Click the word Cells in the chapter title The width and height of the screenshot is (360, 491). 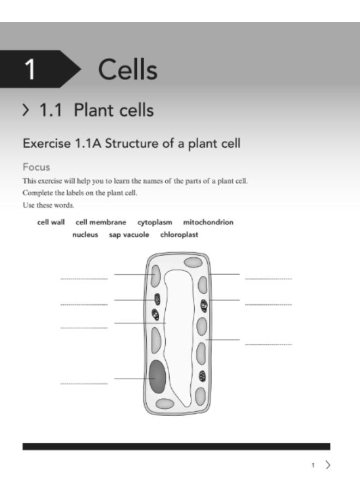click(x=128, y=70)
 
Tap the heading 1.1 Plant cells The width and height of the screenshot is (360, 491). click(x=96, y=111)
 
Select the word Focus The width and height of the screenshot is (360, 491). click(x=36, y=166)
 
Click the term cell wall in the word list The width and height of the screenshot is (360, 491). click(x=51, y=223)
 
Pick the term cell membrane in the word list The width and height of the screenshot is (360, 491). click(x=101, y=223)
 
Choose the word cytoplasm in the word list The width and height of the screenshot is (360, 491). click(x=155, y=223)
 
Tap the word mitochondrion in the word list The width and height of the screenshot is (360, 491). click(x=208, y=223)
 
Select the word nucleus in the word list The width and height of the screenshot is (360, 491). click(x=85, y=235)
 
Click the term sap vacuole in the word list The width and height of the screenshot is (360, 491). click(x=129, y=235)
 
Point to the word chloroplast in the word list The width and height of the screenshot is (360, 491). click(x=179, y=235)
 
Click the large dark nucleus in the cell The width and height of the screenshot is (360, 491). click(x=158, y=376)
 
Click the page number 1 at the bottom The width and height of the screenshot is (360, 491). click(x=313, y=465)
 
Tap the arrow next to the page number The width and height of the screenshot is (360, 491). click(x=327, y=465)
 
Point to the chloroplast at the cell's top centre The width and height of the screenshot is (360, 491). click(x=193, y=262)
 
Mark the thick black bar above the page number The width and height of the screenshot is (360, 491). click(x=176, y=446)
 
